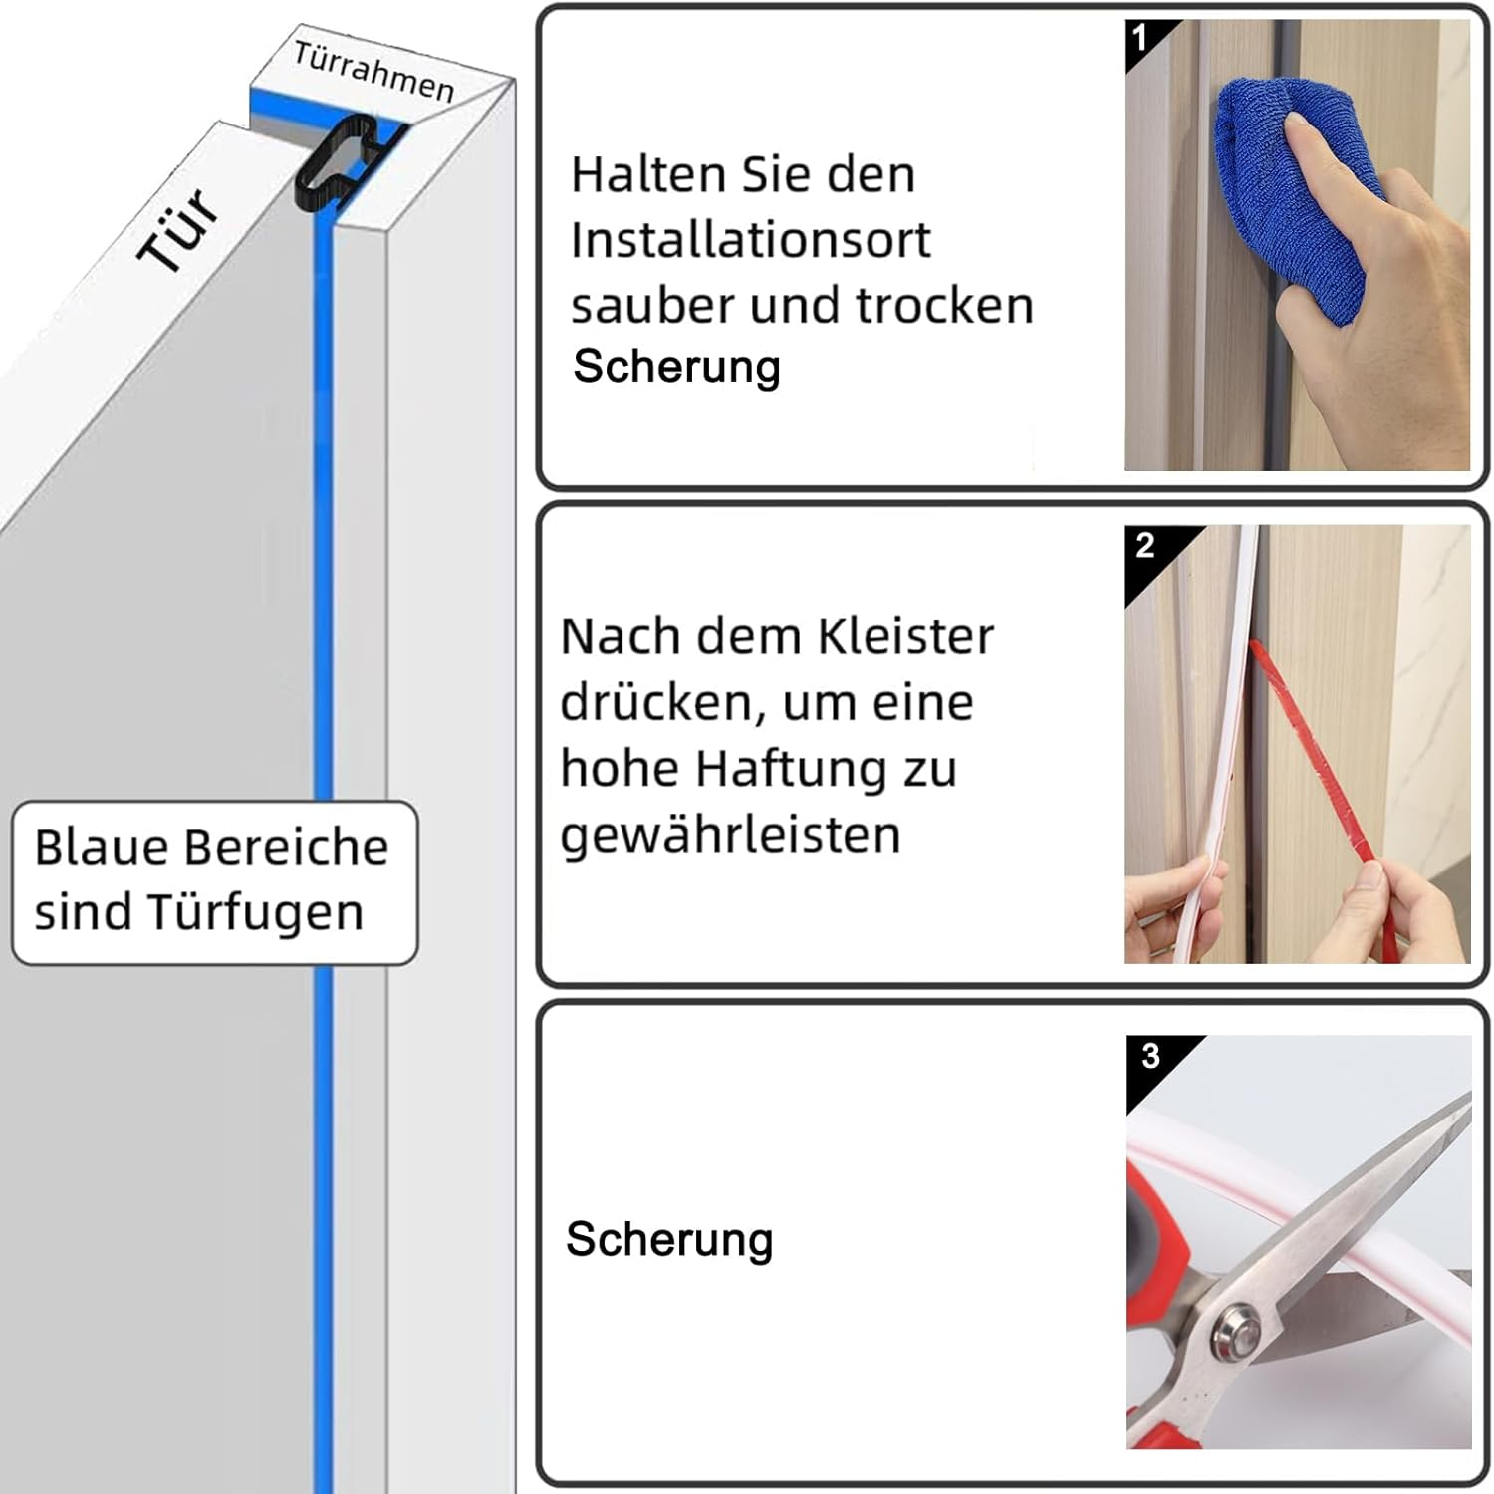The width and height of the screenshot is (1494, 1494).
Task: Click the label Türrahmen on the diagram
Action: [374, 70]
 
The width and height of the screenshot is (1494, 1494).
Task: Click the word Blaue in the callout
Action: [102, 847]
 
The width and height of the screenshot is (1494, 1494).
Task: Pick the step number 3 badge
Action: [1150, 1055]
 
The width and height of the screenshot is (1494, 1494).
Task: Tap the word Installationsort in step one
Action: [751, 240]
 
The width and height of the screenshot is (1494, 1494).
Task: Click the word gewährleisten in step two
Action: [730, 834]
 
